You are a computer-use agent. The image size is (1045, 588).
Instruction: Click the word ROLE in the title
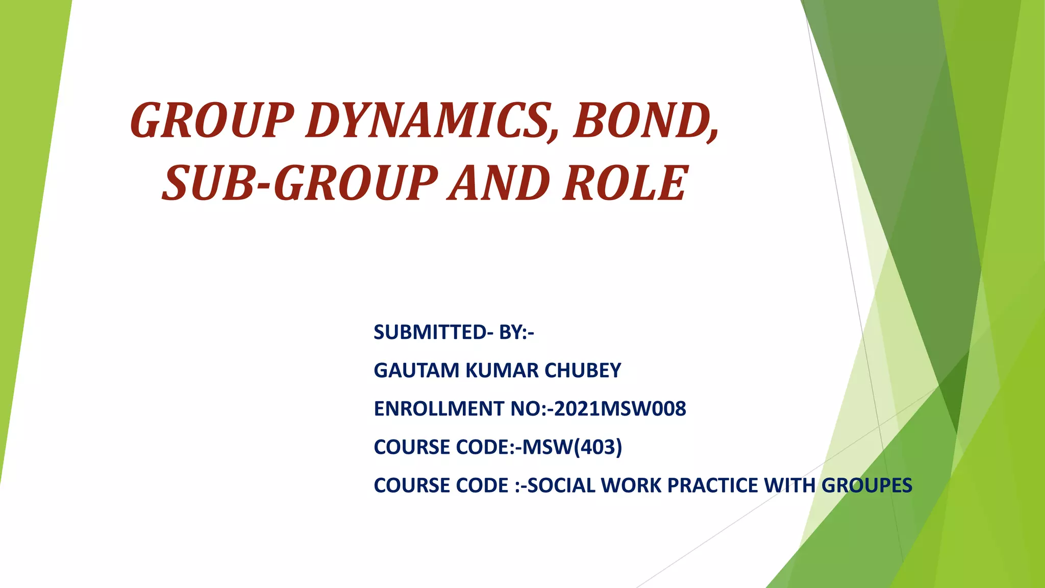tap(626, 183)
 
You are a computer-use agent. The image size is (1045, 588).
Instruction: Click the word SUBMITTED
tap(430, 332)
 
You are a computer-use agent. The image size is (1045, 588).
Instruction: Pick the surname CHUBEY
tap(583, 371)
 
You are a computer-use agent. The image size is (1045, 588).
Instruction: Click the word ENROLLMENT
tap(439, 409)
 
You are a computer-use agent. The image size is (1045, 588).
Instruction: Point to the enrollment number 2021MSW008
tap(619, 409)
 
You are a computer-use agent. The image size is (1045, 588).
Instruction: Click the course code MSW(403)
tap(572, 447)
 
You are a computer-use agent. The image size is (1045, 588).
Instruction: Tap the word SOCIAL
tap(561, 485)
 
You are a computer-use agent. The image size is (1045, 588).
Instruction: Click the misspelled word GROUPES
tap(867, 485)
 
